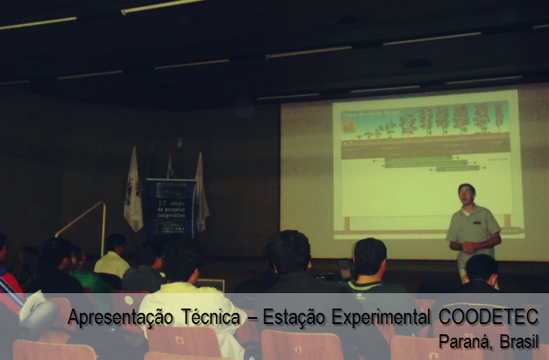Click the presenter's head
click(x=466, y=193)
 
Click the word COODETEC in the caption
click(x=491, y=318)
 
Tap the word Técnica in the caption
click(x=211, y=318)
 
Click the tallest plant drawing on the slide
click(x=499, y=117)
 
